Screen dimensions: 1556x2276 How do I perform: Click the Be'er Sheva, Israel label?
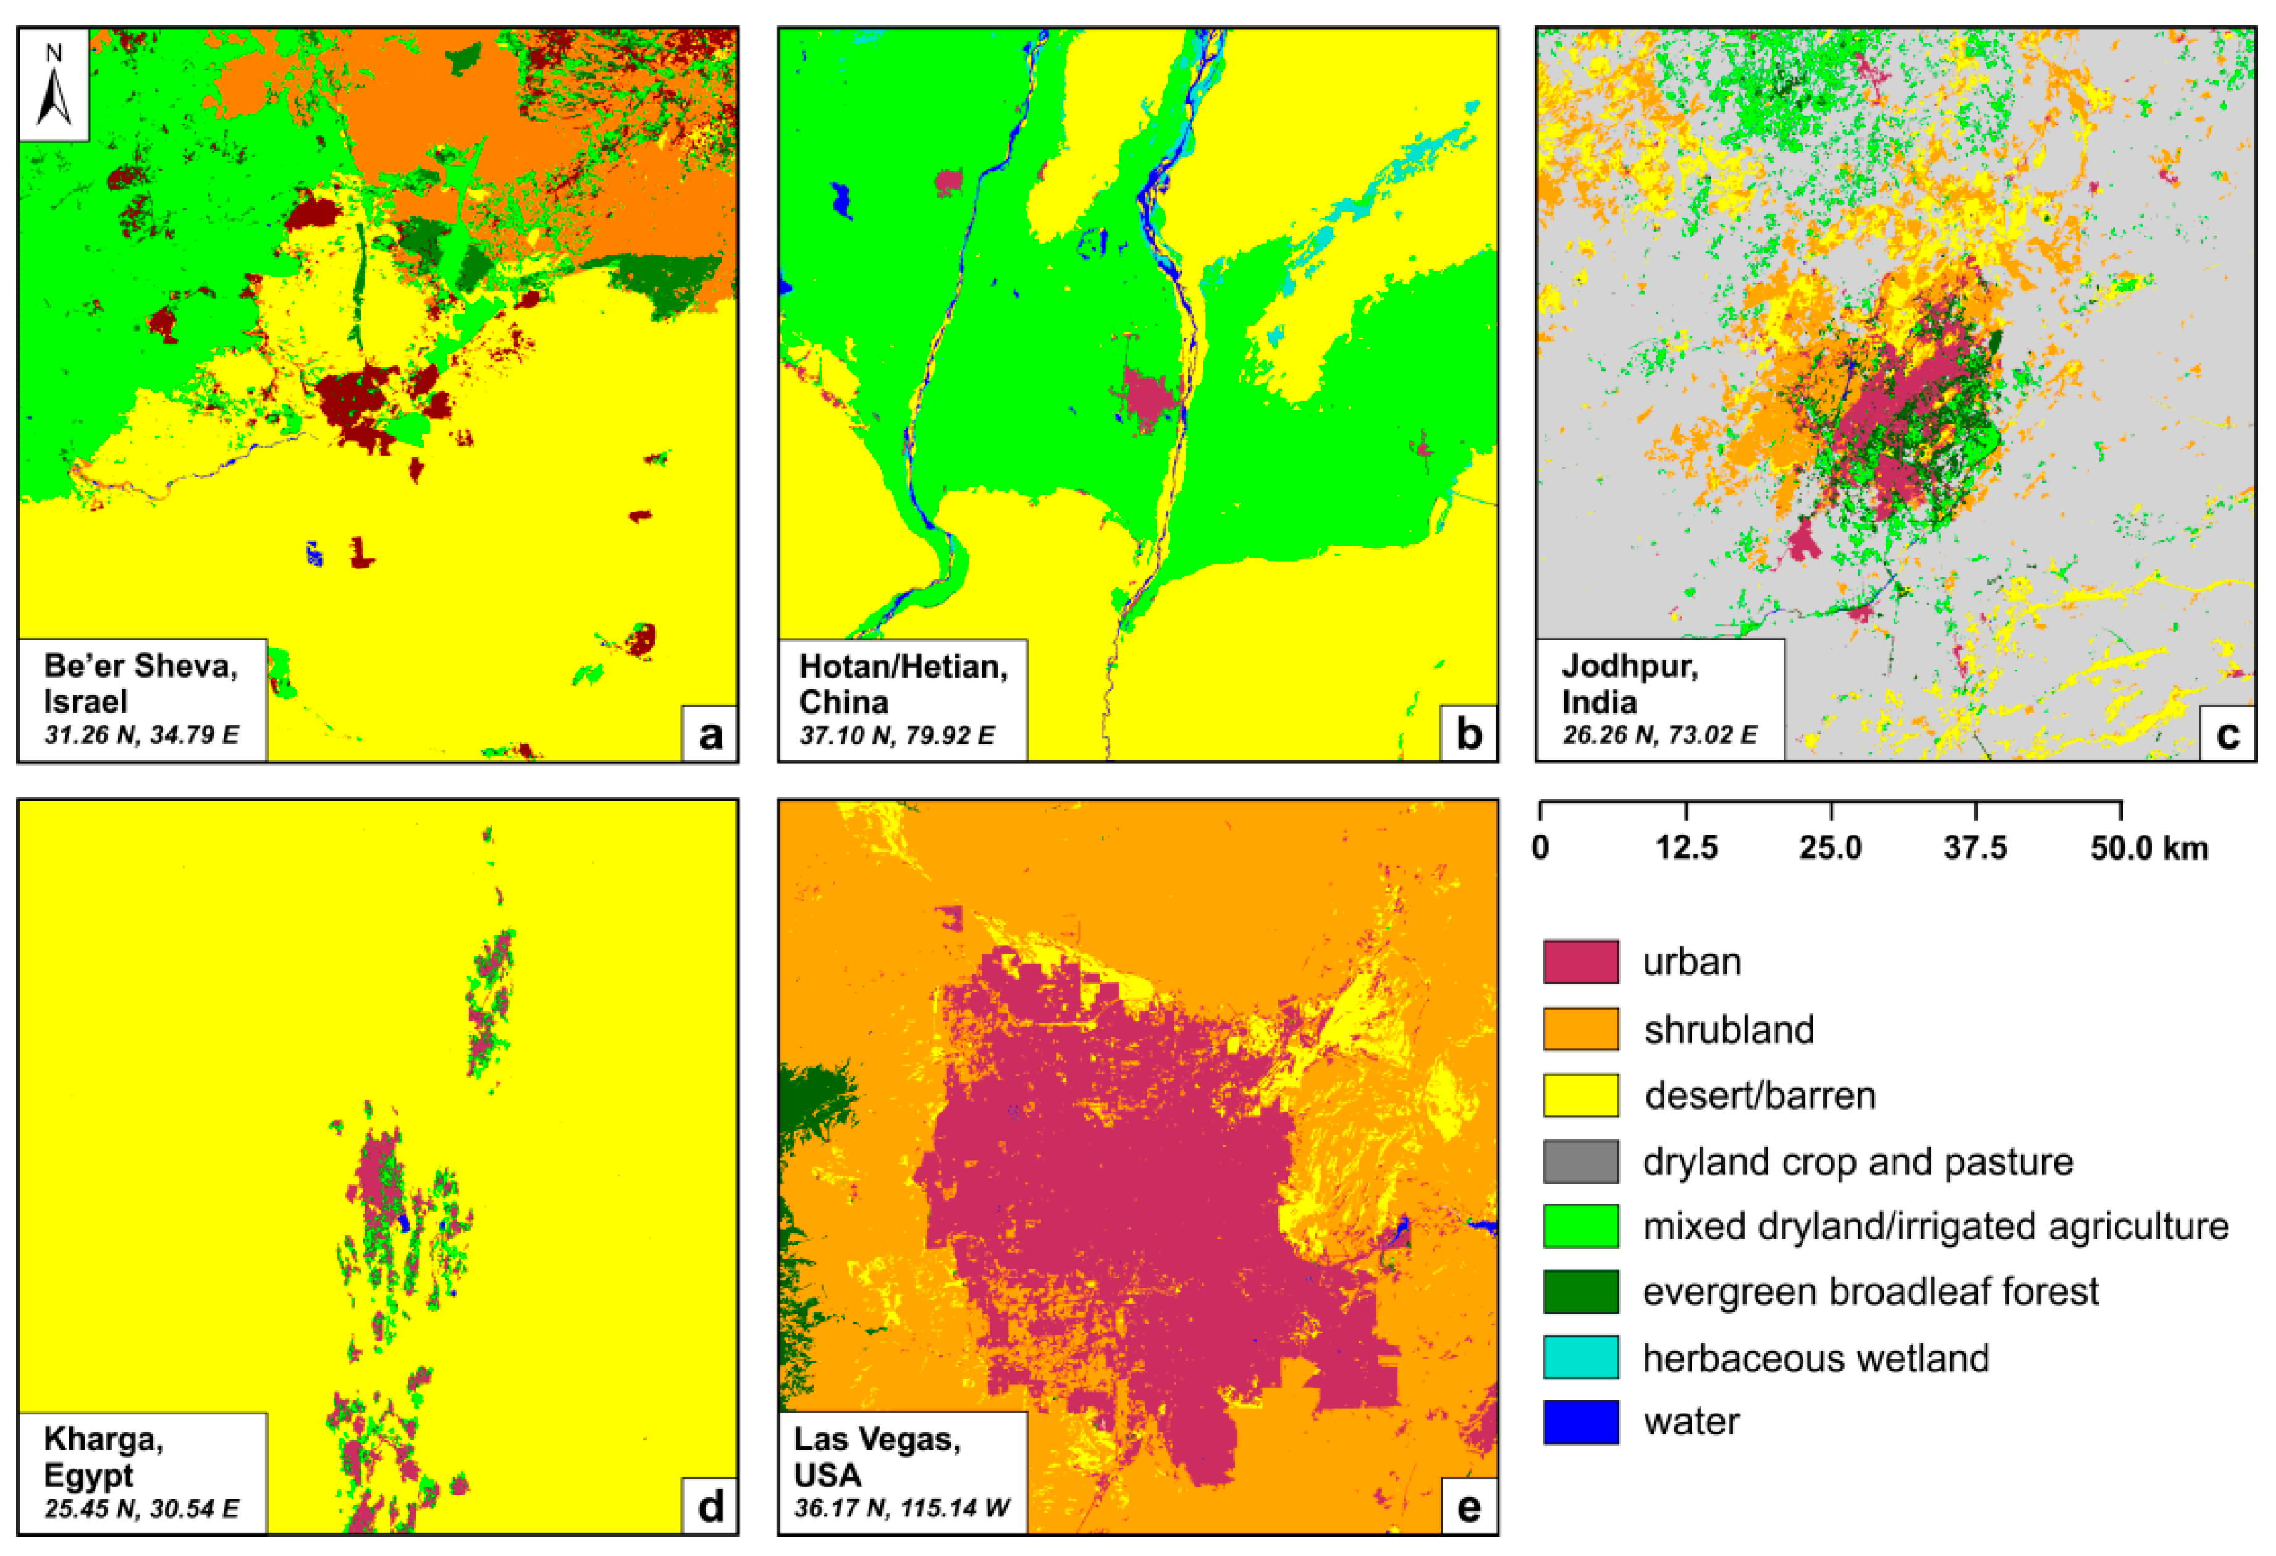point(140,684)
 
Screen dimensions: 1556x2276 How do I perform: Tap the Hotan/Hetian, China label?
point(902,684)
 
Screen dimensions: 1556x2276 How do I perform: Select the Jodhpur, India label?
point(1630,684)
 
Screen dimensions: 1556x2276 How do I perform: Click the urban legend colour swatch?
point(1580,962)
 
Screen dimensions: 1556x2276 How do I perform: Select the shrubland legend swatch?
point(1580,1029)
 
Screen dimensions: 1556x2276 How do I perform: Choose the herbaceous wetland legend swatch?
point(1580,1357)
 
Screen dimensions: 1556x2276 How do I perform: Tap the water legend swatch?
point(1580,1422)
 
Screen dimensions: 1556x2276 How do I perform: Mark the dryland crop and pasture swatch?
point(1580,1161)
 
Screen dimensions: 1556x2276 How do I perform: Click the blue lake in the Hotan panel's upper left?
point(840,201)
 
